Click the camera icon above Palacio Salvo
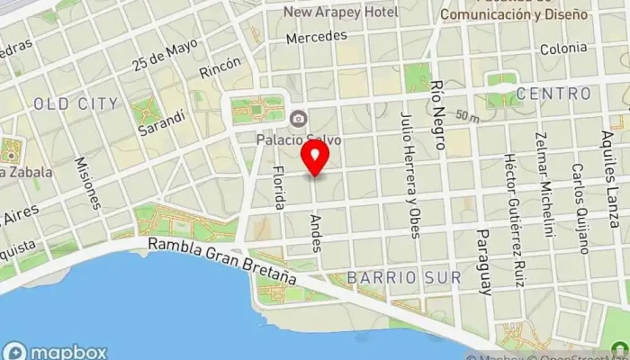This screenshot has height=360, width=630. [x=297, y=118]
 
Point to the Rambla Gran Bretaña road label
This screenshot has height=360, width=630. [x=223, y=260]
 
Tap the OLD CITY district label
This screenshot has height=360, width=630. [x=76, y=104]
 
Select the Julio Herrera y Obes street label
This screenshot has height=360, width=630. [x=409, y=175]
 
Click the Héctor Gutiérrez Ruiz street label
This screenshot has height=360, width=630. [x=514, y=220]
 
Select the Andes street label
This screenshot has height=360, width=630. [x=315, y=233]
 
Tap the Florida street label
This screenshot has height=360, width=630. [x=279, y=188]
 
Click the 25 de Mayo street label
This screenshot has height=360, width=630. [x=164, y=57]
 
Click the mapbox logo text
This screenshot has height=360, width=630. [x=56, y=352]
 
